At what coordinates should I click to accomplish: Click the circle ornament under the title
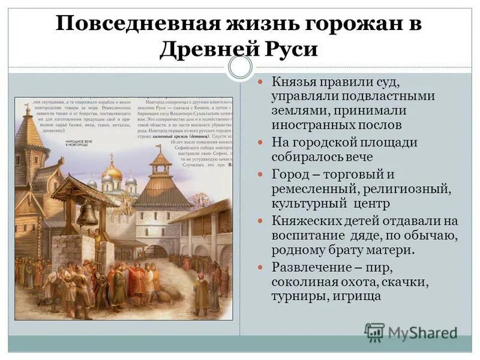240,67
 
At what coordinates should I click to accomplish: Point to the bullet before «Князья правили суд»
260,82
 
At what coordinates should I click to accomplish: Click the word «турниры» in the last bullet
295,296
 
